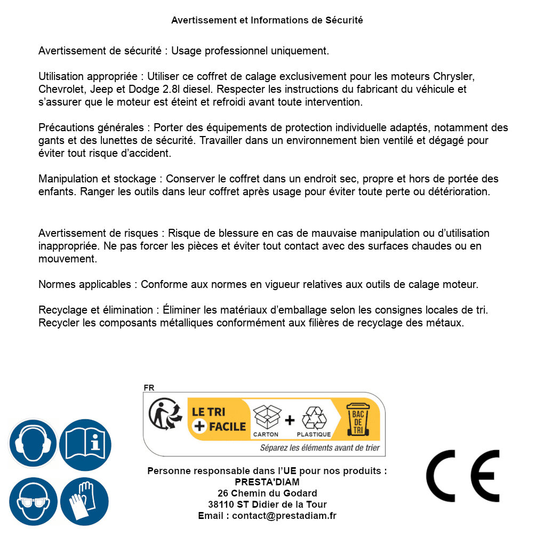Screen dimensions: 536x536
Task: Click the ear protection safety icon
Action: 33,443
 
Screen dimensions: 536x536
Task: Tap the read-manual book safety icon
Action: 85,443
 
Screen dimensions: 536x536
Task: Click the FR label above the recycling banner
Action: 149,388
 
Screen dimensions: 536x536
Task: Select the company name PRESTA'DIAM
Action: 267,482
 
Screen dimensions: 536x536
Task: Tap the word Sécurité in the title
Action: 344,20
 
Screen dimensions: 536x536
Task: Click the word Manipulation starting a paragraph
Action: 68,179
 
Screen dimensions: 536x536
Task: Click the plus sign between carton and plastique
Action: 290,420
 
